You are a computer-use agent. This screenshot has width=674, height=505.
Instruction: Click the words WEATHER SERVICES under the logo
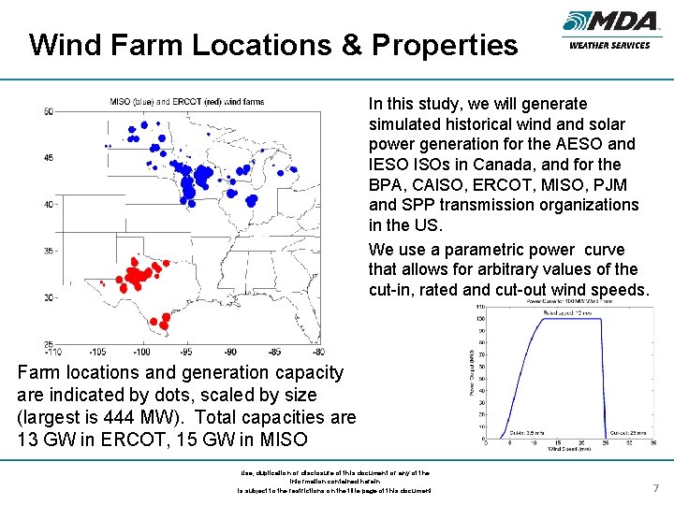[608, 46]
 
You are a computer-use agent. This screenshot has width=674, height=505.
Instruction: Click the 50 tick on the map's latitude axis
[49, 112]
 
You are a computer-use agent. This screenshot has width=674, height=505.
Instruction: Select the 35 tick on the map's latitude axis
[49, 251]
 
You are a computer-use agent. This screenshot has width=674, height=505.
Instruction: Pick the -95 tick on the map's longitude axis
[185, 352]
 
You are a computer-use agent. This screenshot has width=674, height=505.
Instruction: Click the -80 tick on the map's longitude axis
[320, 352]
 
